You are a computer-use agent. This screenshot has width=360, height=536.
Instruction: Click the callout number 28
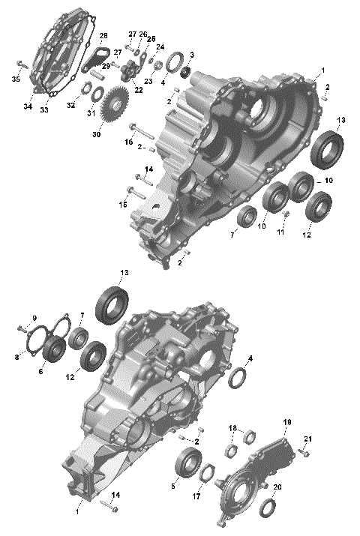[x=103, y=35]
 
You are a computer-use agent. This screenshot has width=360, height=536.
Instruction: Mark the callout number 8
[x=16, y=358]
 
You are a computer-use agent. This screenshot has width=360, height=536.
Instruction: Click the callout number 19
[x=286, y=423]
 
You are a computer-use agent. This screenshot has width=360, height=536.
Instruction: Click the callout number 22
[x=138, y=90]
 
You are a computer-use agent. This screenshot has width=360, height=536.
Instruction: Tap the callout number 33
[x=44, y=110]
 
